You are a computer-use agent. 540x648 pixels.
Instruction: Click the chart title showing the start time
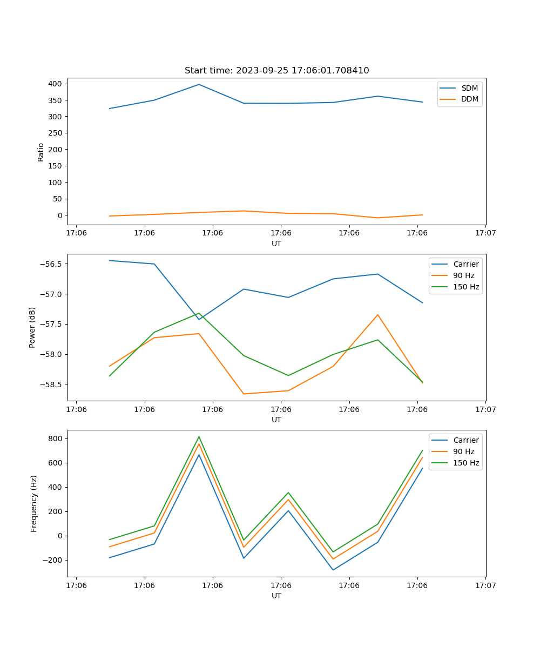click(276, 71)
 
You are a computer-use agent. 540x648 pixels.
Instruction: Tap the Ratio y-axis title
click(41, 152)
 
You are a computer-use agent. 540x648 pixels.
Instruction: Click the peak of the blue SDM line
click(199, 84)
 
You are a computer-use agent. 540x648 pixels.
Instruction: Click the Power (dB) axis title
click(32, 327)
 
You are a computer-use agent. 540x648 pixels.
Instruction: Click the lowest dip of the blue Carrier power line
click(199, 319)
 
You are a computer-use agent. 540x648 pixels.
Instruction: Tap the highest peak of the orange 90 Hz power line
click(377, 315)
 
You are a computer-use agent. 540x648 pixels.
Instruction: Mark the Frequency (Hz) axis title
click(33, 503)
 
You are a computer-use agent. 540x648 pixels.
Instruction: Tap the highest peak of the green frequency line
click(199, 437)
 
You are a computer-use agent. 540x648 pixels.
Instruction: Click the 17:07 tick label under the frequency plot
click(485, 585)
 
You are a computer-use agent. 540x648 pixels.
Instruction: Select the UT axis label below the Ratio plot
click(276, 244)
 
